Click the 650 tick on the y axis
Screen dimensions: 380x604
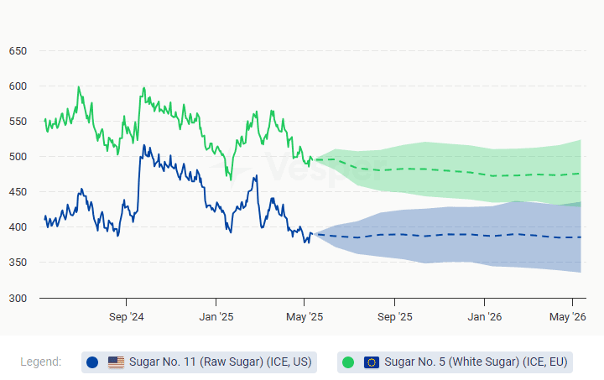point(18,51)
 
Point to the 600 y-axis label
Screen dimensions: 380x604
point(18,86)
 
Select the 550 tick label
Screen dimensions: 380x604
point(18,122)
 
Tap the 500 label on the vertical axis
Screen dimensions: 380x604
point(18,157)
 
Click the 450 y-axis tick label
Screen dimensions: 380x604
point(18,192)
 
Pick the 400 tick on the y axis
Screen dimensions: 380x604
point(18,227)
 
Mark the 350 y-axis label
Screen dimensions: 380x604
point(18,263)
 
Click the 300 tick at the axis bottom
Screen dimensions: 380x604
point(18,298)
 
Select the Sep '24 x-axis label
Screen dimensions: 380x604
point(126,317)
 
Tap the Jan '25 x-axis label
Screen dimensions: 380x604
point(216,317)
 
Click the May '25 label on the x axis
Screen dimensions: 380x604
point(305,317)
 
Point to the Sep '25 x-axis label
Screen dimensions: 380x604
point(394,317)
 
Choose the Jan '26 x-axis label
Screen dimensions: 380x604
point(484,317)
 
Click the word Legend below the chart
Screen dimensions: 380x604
point(41,362)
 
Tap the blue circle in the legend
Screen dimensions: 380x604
point(92,362)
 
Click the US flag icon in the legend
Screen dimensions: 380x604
point(116,362)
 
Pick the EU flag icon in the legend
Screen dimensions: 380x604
point(372,362)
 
